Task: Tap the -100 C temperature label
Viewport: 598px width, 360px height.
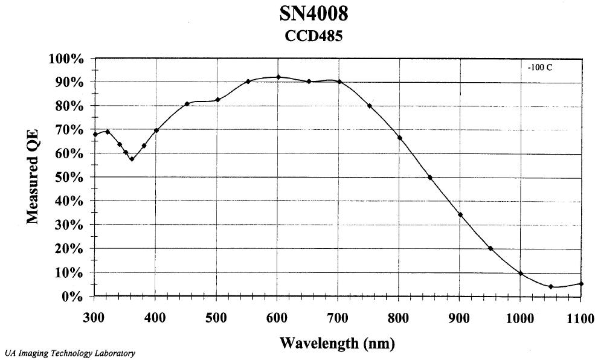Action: tap(540, 68)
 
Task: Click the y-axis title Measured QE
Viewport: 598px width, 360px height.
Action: tap(34, 176)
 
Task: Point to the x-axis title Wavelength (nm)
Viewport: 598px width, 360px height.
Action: tap(337, 344)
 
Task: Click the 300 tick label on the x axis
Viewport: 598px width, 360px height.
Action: tap(94, 317)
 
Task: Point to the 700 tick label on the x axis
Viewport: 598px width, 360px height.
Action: tap(338, 317)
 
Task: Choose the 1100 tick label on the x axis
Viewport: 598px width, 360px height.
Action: tap(580, 317)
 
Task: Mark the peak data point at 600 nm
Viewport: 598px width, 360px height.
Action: tap(278, 77)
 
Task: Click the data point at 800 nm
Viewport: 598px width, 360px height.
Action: tap(400, 138)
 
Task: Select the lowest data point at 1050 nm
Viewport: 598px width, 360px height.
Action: tap(551, 287)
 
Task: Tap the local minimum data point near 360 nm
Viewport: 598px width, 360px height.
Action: tap(132, 159)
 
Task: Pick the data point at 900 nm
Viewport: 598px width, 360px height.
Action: tap(460, 215)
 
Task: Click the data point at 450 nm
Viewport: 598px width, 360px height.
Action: tap(187, 104)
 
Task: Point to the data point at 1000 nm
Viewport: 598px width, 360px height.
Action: tap(521, 274)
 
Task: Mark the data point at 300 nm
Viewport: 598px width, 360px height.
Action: tap(95, 134)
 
